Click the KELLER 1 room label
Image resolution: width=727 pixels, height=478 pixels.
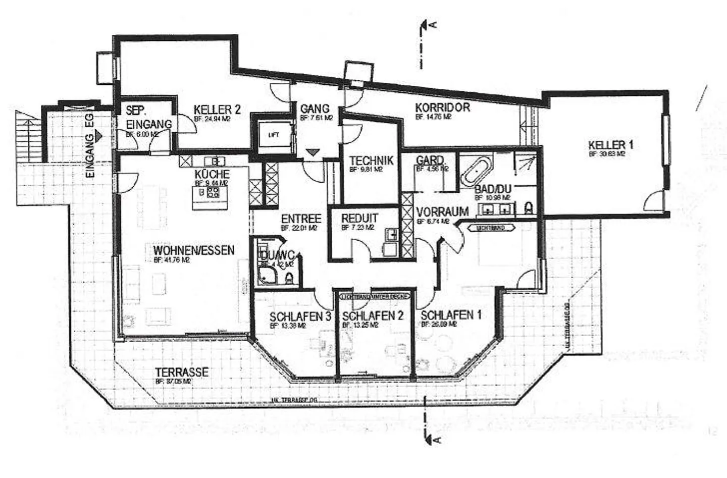click(610, 145)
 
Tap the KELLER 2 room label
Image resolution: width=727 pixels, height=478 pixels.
click(217, 110)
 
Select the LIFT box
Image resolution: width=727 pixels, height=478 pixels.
click(273, 135)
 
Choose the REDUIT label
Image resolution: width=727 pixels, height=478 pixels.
click(359, 219)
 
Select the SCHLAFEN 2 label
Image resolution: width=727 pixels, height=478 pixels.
click(372, 316)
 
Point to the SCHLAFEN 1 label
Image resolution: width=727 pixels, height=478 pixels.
click(450, 315)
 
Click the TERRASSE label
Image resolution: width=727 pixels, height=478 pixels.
click(182, 372)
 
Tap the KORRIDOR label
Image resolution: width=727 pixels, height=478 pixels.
click(442, 108)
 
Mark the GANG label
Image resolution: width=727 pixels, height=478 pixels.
click(315, 109)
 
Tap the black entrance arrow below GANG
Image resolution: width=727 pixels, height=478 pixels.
click(313, 152)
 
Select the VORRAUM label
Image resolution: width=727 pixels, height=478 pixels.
click(442, 211)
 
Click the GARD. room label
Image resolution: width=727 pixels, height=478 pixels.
click(430, 161)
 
